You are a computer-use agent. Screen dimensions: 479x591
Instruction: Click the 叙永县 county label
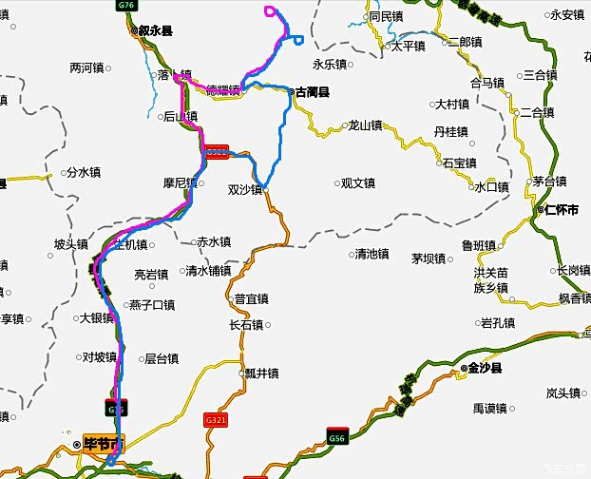click(154, 31)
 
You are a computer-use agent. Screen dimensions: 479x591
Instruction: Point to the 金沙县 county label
click(485, 367)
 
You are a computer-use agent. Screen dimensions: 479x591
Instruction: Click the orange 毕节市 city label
click(103, 444)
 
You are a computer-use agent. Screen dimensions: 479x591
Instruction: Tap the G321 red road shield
click(217, 418)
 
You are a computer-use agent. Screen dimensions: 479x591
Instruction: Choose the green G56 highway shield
click(337, 437)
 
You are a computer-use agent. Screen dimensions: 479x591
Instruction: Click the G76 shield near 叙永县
click(125, 6)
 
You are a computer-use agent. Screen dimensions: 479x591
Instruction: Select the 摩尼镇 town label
click(179, 183)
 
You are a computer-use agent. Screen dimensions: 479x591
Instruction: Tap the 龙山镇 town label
click(363, 125)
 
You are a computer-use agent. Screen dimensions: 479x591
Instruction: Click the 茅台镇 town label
click(548, 182)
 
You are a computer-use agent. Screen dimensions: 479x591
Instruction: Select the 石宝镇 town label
click(458, 163)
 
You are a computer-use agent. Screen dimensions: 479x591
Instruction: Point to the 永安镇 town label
click(566, 14)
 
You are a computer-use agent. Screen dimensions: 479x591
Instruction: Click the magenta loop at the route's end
click(272, 12)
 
